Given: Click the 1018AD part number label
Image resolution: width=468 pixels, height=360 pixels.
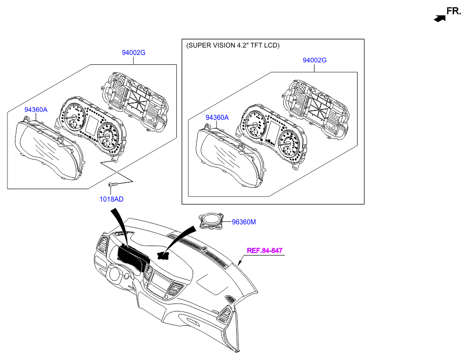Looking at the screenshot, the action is coord(111,199).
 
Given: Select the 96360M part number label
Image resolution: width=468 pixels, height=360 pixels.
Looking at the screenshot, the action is coord(244,222).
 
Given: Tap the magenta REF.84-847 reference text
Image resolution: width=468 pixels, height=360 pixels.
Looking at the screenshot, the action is coord(264,251).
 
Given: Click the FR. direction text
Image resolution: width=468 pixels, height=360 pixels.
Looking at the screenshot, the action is coord(454,11).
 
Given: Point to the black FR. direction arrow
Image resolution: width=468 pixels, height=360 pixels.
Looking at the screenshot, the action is coord(439,18).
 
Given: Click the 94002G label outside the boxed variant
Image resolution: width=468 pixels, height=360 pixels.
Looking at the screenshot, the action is coord(133,52).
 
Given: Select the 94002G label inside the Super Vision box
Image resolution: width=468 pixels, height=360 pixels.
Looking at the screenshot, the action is coord(314,60).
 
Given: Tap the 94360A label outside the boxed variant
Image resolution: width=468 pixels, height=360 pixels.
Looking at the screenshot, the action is coord(36,109).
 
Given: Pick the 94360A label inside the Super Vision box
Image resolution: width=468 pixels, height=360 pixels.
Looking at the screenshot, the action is coord(217,117).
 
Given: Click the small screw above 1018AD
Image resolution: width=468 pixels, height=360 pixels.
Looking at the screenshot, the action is coord(111,185).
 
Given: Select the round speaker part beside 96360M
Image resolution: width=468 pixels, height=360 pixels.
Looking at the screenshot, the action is coord(211,221).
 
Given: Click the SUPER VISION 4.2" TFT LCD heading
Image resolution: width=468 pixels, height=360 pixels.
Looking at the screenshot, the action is coord(233,46).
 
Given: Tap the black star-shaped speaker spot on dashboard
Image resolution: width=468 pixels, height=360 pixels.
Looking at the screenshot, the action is coord(163,255).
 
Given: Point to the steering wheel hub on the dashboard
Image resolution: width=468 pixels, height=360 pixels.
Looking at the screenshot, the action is coord(114,274).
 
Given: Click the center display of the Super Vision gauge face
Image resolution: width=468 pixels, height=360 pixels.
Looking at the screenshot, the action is coord(273,133).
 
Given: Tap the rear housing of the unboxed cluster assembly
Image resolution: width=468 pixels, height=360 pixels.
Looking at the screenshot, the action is coord(134,102).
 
